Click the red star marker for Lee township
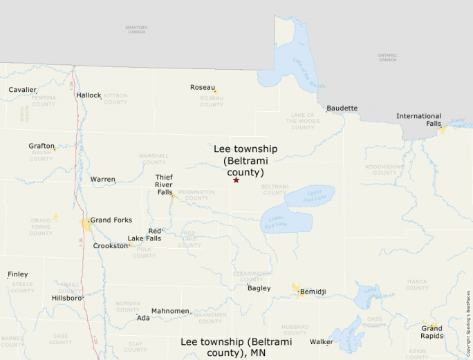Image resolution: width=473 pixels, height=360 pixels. click(236, 180)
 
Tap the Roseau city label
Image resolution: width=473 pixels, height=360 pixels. click(203, 87)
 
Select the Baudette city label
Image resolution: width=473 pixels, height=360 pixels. click(342, 108)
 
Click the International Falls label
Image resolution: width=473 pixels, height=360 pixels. click(418, 120)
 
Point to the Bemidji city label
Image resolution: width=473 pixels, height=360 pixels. click(312, 292)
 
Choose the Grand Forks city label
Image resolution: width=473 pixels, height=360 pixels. click(111, 220)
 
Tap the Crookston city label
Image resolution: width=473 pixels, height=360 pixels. click(111, 246)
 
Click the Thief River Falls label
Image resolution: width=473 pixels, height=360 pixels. click(164, 184)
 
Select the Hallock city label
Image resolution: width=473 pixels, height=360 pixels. click(89, 95)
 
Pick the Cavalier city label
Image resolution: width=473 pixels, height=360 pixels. click(22, 90)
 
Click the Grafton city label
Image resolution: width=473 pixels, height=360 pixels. click(41, 146)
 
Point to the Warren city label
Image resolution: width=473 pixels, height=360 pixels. click(102, 180)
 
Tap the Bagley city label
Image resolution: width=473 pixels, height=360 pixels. click(259, 288)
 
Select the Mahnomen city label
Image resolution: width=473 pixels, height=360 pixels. click(170, 311)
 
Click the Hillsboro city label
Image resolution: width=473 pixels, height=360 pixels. click(66, 299)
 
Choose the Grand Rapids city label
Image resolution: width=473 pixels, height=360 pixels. click(432, 332)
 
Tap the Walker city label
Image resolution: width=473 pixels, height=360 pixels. click(321, 342)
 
